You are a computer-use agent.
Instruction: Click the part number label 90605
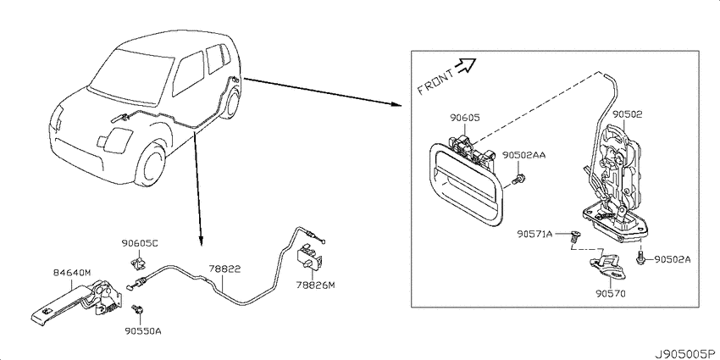(465, 118)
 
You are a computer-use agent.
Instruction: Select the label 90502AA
(524, 155)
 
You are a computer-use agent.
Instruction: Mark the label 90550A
(142, 330)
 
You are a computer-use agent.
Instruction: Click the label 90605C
(140, 243)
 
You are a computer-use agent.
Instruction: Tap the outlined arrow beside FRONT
(465, 66)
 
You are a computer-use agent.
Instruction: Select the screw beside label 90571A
(573, 236)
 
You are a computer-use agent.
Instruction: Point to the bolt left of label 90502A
(641, 258)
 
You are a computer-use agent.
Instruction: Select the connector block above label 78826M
(310, 258)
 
